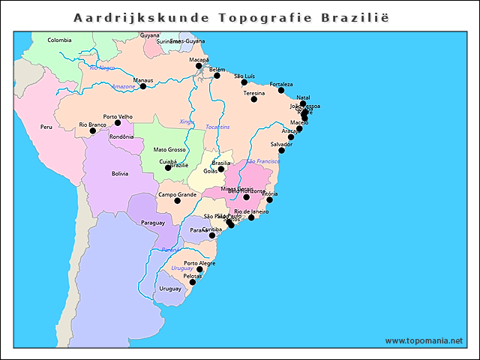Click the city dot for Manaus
pyautogui.click(x=143, y=86)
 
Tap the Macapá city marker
pyautogui.click(x=199, y=66)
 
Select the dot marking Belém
pyautogui.click(x=217, y=75)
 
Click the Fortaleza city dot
pyautogui.click(x=281, y=90)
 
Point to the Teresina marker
pyautogui.click(x=254, y=99)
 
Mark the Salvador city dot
pyautogui.click(x=281, y=150)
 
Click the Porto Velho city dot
pyautogui.click(x=118, y=122)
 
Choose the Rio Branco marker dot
pyautogui.click(x=93, y=130)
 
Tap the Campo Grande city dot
pyautogui.click(x=177, y=200)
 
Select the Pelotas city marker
pyautogui.click(x=193, y=282)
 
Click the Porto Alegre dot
pyautogui.click(x=199, y=269)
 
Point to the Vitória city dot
pyautogui.click(x=269, y=199)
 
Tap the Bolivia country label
pyautogui.click(x=120, y=173)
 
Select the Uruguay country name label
pyautogui.click(x=170, y=289)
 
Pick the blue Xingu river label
pyautogui.click(x=187, y=121)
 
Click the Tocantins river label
pyautogui.click(x=217, y=127)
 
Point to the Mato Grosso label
pyautogui.click(x=169, y=149)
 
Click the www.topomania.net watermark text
pyautogui.click(x=424, y=340)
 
